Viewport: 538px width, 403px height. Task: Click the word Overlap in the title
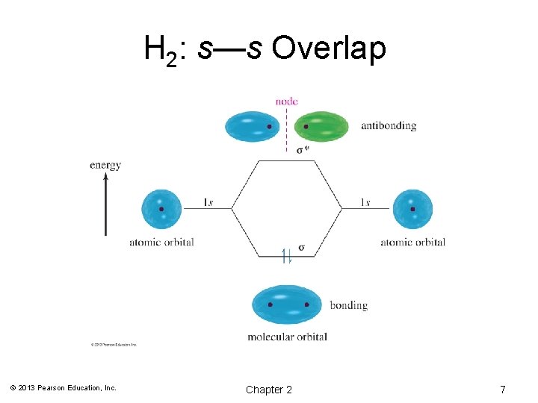(329, 49)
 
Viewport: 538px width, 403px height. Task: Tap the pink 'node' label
(286, 101)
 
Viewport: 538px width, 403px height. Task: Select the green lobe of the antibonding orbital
(322, 126)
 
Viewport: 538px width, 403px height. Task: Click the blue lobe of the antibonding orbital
(253, 126)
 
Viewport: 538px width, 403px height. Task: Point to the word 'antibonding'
(389, 126)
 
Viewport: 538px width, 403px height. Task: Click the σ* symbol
(303, 150)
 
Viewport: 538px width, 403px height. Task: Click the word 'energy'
(105, 165)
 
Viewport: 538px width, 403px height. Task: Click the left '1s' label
(210, 202)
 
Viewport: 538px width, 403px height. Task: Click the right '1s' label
(365, 202)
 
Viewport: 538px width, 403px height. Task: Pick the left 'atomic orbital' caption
(161, 242)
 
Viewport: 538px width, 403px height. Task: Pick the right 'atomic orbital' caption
(412, 242)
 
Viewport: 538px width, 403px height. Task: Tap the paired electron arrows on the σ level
(287, 257)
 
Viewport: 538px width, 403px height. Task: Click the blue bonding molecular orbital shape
(287, 304)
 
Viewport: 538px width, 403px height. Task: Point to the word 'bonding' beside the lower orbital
(348, 304)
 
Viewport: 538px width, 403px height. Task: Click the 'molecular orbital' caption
(287, 337)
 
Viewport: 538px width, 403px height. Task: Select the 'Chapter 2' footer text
(269, 390)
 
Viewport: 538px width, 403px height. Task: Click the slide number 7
(503, 390)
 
